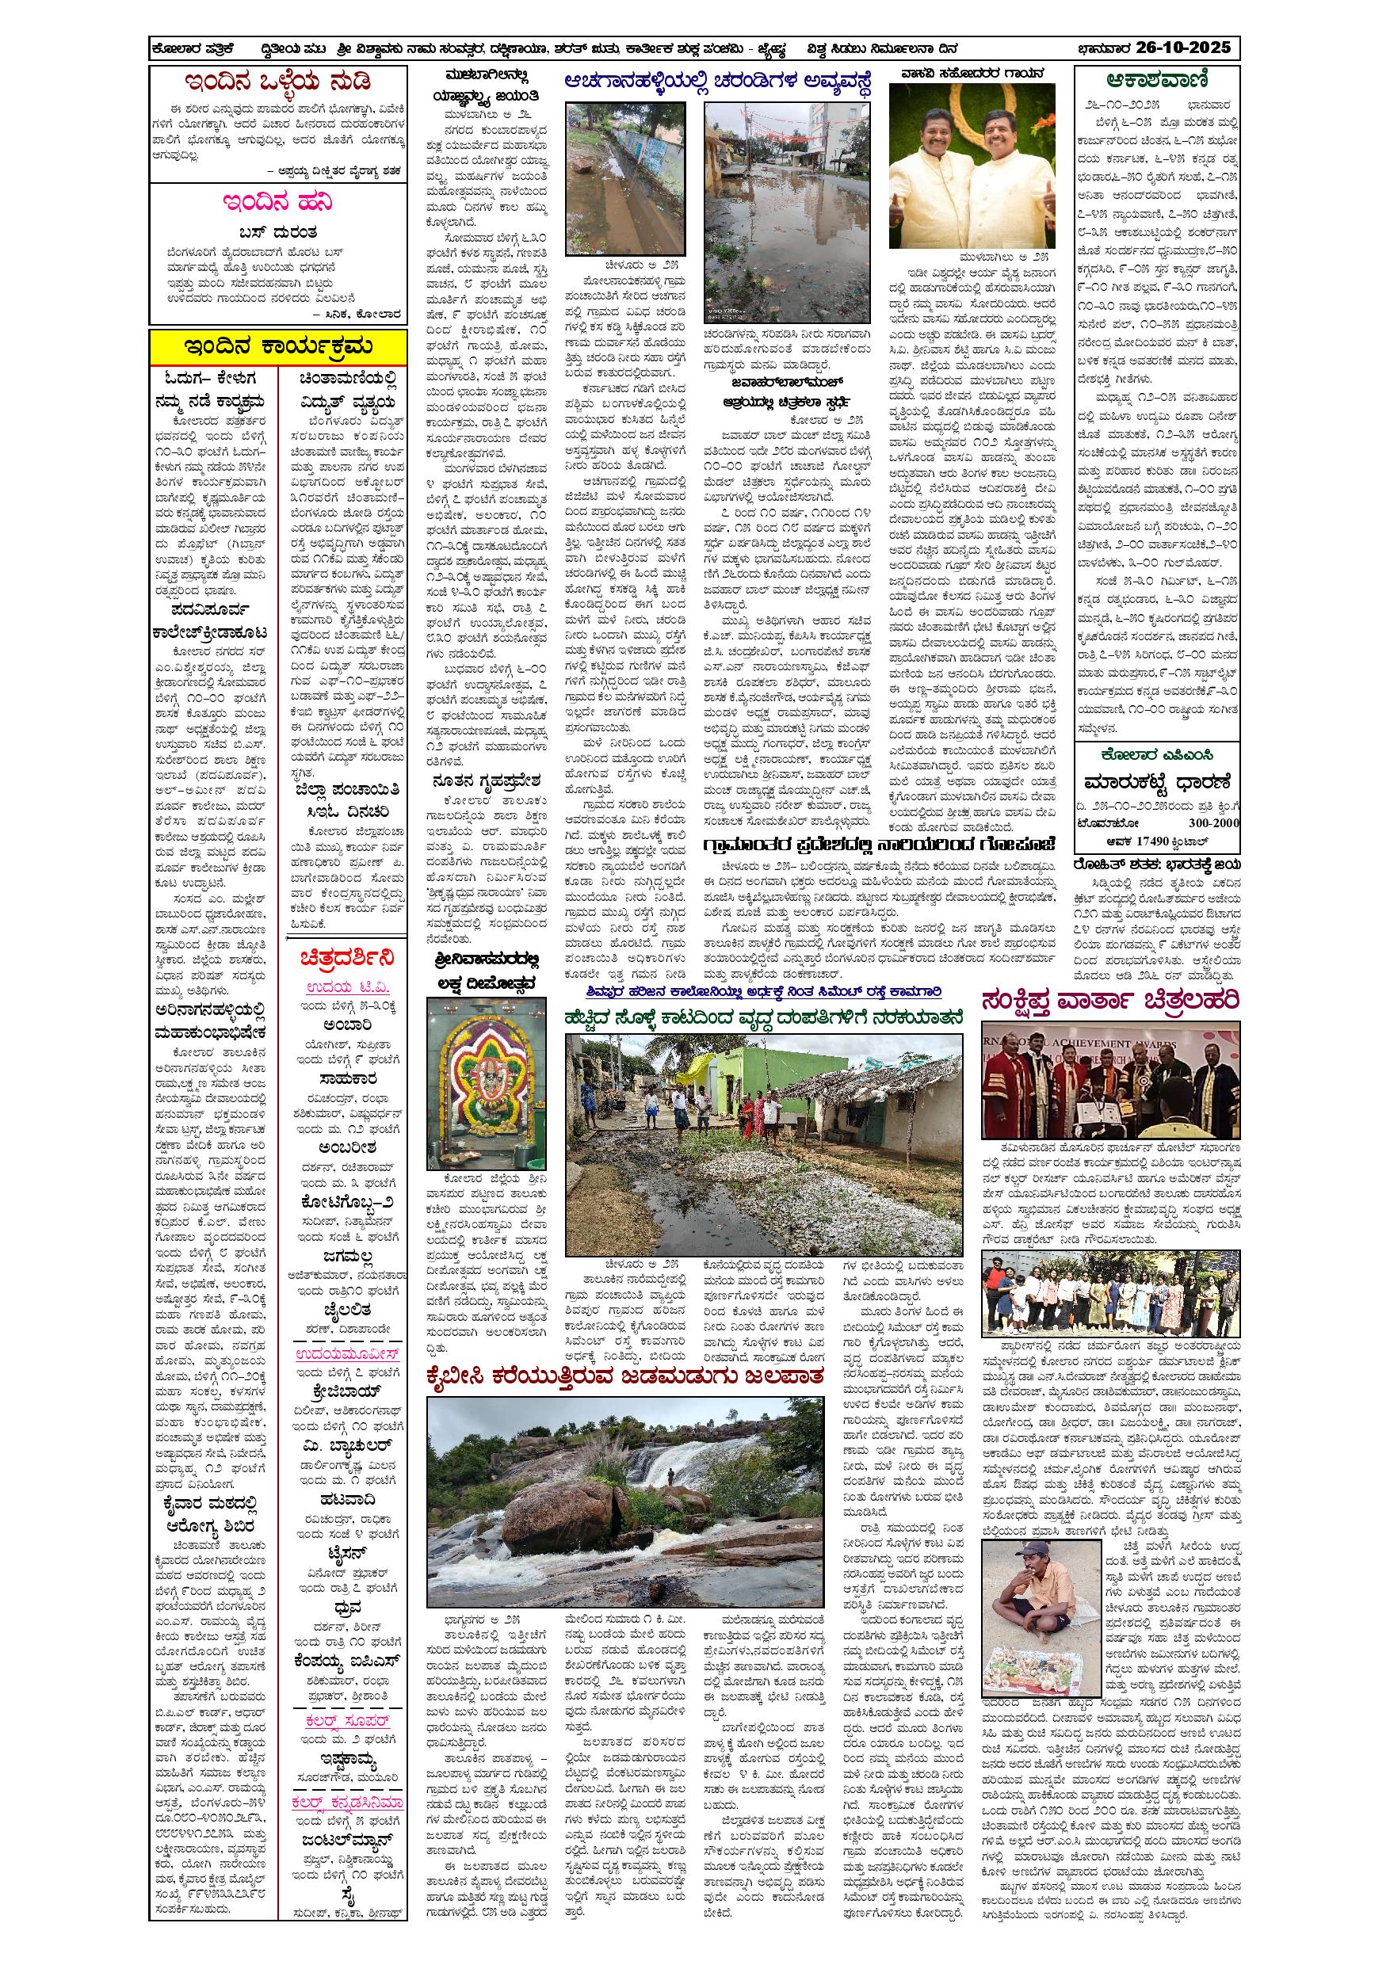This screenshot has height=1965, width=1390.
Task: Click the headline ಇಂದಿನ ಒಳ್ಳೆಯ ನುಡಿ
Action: tap(279, 83)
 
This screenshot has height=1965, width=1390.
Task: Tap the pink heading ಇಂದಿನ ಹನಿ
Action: tap(278, 203)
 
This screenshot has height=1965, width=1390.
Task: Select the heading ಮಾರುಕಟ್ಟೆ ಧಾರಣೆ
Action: tap(1156, 782)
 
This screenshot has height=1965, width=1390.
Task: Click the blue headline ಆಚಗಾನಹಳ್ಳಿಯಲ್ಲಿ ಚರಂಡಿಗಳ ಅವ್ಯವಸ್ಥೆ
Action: tap(718, 82)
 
